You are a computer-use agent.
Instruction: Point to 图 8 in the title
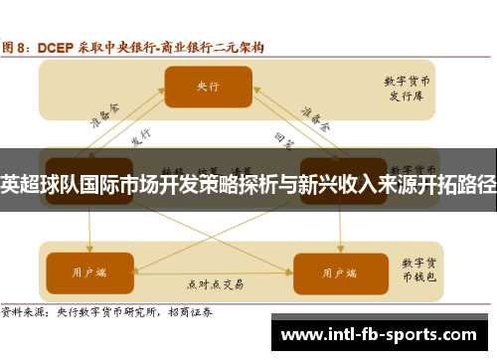click(18, 47)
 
